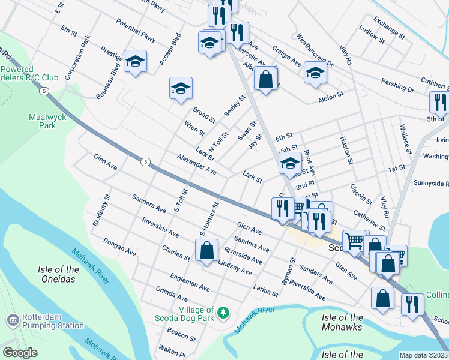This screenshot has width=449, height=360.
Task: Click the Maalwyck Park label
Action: (42, 121)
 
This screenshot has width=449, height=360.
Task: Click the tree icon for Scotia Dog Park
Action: (223, 312)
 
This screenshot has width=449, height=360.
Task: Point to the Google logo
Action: (20, 353)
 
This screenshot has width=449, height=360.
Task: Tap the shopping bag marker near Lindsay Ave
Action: (206, 250)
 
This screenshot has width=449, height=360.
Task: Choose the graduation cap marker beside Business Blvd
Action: (135, 61)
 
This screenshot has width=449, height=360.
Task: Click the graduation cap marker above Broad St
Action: (181, 89)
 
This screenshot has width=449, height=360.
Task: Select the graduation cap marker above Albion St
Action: (315, 72)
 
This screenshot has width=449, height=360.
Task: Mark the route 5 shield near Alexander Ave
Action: (145, 161)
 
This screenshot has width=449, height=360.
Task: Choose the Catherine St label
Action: (369, 219)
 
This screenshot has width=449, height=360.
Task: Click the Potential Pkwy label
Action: (136, 32)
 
